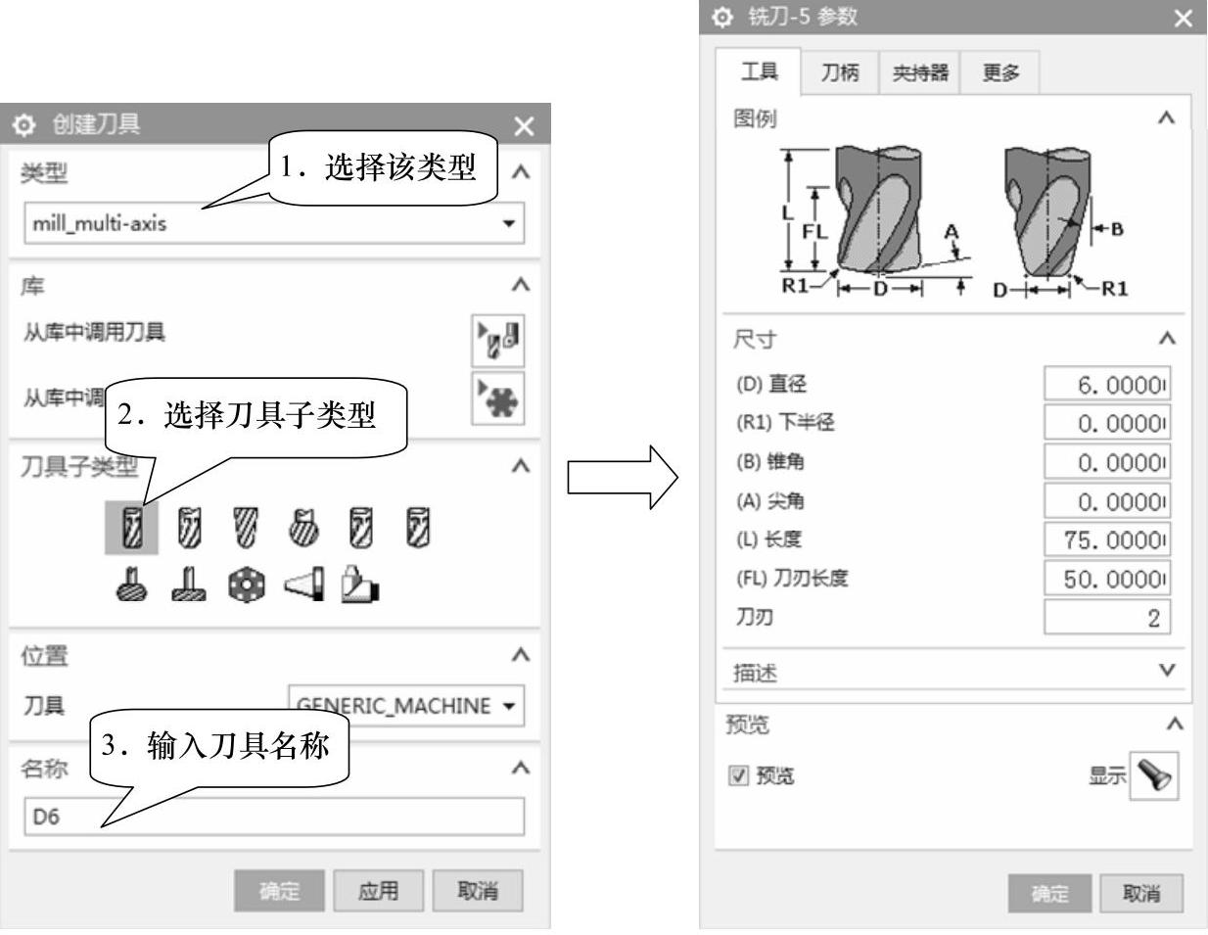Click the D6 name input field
[x=274, y=817]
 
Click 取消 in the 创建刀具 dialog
[x=478, y=891]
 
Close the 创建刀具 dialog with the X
[x=524, y=126]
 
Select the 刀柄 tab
[x=839, y=72]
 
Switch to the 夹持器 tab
[x=919, y=72]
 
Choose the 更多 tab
[x=1000, y=72]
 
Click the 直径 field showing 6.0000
[x=1107, y=385]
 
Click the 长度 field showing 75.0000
[x=1107, y=539]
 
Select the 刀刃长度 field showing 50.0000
[x=1107, y=578]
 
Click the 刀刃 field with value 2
[x=1107, y=617]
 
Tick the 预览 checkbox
[x=738, y=776]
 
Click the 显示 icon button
[x=1154, y=776]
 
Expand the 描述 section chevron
[x=1166, y=671]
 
